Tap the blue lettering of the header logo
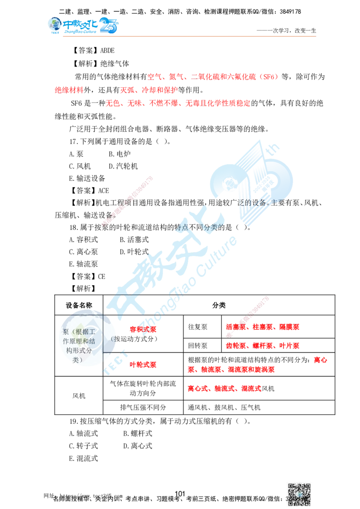tap(90, 25)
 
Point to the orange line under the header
tap(189, 36)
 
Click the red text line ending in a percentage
tap(213, 77)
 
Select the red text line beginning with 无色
tap(178, 103)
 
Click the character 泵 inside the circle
tap(66, 332)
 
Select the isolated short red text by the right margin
tap(320, 360)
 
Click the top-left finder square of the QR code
tap(291, 485)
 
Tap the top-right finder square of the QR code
tap(308, 485)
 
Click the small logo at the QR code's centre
tap(299, 493)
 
